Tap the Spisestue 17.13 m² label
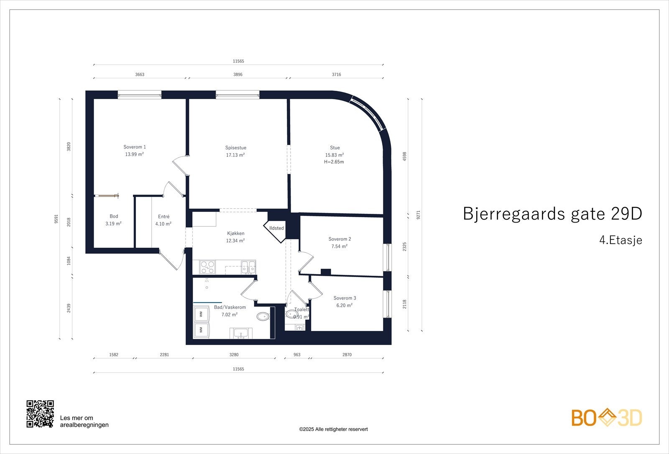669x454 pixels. pos(235,151)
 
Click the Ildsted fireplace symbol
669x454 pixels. pos(276,228)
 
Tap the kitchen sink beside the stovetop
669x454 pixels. pos(248,267)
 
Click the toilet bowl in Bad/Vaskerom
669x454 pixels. pos(263,316)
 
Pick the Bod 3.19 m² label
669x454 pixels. pos(114,220)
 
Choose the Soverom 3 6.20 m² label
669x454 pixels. pos(345,302)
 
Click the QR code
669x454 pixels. pos(40,413)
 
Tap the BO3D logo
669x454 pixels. pos(606,418)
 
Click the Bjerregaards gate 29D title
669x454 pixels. pos(552,214)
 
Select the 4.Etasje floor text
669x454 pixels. pos(620,240)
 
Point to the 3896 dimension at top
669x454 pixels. pos(238,74)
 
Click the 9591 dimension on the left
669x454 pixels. pos(56,219)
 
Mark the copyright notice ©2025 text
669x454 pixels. pos(333,429)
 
